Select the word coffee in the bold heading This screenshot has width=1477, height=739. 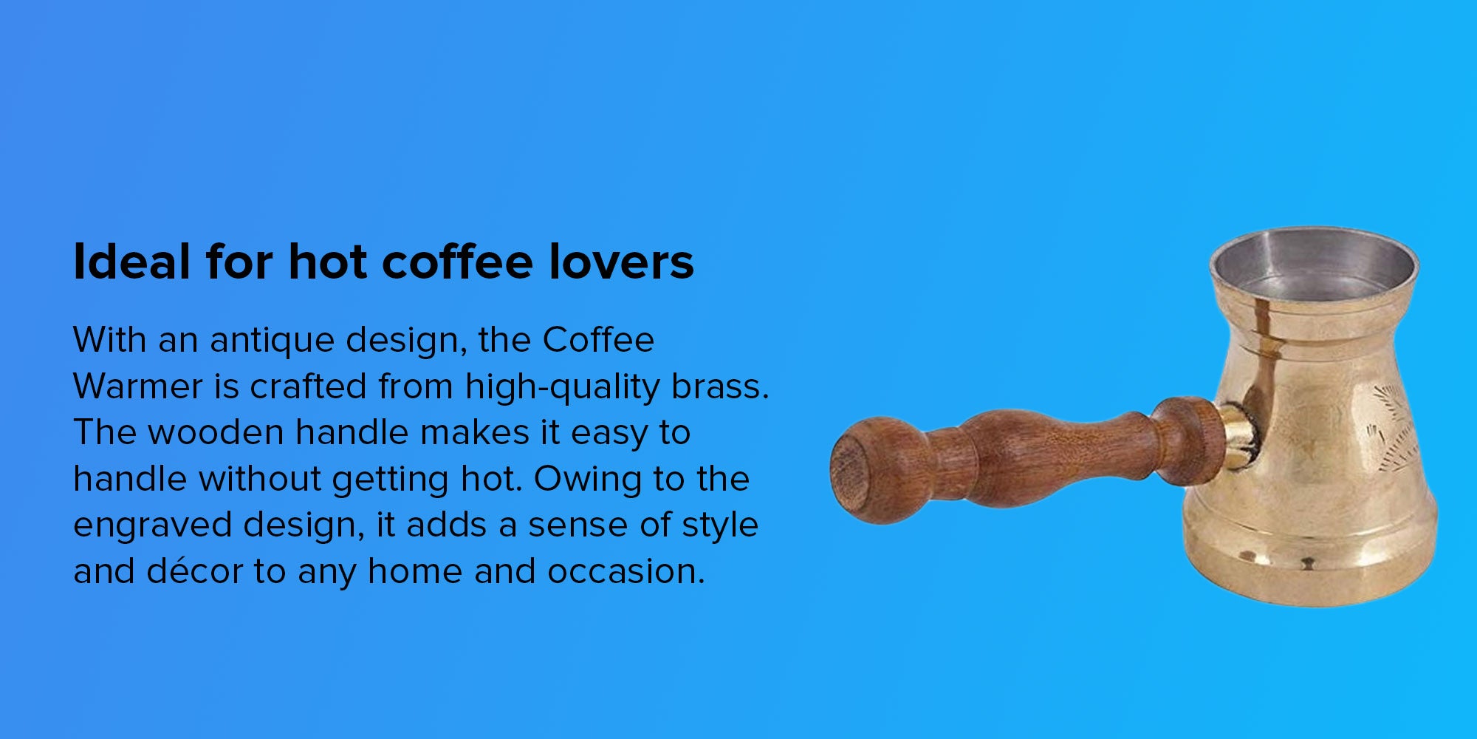tap(457, 262)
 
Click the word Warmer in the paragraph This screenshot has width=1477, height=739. tap(138, 386)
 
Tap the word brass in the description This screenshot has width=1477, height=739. tap(716, 386)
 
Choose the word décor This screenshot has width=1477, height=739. tap(195, 571)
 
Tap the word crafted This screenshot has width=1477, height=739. tap(308, 386)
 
